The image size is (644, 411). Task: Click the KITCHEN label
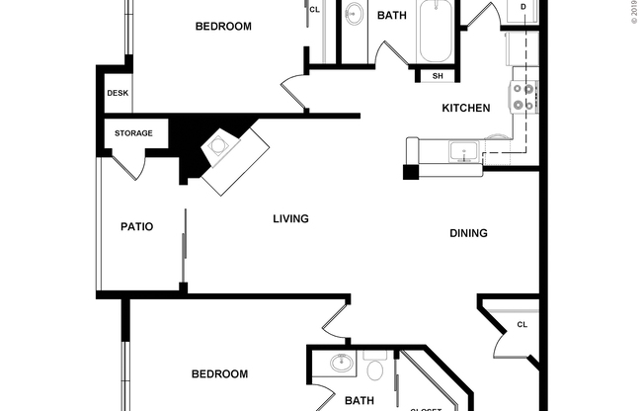tap(465, 108)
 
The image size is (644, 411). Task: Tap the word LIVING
tap(291, 218)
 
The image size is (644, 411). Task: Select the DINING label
tap(468, 233)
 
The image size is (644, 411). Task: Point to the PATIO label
tap(136, 226)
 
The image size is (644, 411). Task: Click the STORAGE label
tap(132, 132)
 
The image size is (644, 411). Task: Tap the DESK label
tap(118, 94)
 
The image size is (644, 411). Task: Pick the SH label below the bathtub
tap(437, 76)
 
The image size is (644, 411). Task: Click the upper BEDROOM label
tap(222, 27)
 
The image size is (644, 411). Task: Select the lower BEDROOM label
tap(218, 373)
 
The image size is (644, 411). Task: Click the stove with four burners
tap(523, 97)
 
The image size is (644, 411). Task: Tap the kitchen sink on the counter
tap(462, 151)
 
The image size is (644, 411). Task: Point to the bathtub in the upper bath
tap(436, 32)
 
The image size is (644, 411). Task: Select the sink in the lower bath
tap(342, 364)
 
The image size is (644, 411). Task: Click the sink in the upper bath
tap(354, 14)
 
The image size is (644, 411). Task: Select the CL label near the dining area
tap(522, 324)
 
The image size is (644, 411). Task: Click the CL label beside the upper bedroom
tap(314, 10)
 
